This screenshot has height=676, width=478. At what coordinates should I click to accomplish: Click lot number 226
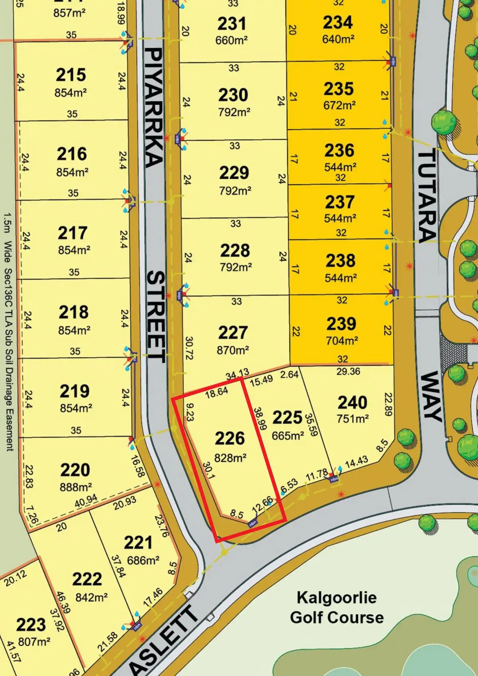(230, 439)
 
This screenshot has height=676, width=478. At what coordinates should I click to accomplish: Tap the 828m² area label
(230, 458)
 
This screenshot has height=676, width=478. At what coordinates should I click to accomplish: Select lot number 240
(353, 403)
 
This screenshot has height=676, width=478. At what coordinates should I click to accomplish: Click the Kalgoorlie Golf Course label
(337, 607)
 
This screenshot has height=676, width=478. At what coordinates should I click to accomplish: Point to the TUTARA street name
(427, 195)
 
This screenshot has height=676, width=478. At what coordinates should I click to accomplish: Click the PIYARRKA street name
(154, 108)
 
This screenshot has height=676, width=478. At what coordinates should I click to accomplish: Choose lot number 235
(339, 89)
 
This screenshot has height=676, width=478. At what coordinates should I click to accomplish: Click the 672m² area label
(339, 106)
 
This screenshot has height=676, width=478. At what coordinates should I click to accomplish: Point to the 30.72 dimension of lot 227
(189, 348)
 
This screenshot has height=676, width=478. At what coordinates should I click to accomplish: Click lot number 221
(138, 543)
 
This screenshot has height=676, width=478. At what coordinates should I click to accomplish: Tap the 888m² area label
(76, 487)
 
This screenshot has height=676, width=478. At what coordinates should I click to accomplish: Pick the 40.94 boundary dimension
(86, 501)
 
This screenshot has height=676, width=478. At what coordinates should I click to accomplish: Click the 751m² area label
(353, 419)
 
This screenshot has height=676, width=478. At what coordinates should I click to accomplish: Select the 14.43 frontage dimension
(357, 463)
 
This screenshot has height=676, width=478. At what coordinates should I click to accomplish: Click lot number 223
(31, 625)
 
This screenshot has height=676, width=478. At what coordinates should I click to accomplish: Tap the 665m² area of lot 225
(288, 436)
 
